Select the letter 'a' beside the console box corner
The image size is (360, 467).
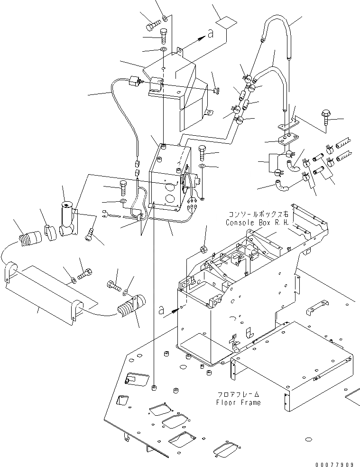[x=175, y=310]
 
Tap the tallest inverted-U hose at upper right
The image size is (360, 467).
[x=275, y=28]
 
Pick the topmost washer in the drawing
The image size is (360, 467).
[x=164, y=19]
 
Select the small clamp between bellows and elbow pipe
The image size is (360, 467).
[x=50, y=231]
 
